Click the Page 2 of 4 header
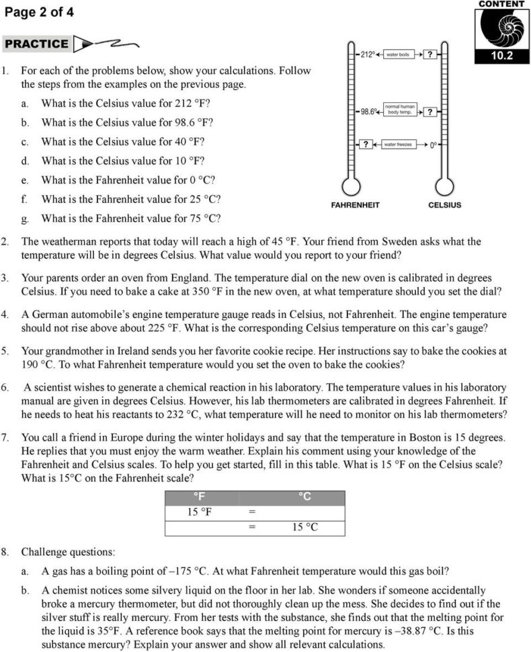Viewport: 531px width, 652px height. pyautogui.click(x=39, y=12)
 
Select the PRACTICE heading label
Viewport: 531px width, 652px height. pyautogui.click(x=36, y=44)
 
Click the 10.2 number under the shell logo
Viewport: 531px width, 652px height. pyautogui.click(x=500, y=56)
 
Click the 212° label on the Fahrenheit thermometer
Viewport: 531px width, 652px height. pyautogui.click(x=367, y=54)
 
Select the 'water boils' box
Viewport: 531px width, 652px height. pyautogui.click(x=397, y=54)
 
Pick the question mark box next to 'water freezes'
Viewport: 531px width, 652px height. pyautogui.click(x=365, y=144)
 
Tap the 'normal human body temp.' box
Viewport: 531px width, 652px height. pyautogui.click(x=399, y=110)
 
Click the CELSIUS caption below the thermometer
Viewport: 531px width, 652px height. pyautogui.click(x=444, y=204)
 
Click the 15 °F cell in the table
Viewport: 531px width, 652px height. pyautogui.click(x=201, y=512)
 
